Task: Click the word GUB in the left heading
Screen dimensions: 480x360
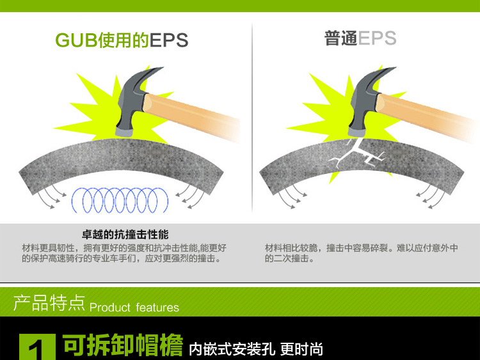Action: (75, 40)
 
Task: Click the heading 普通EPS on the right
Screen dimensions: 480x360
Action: (360, 38)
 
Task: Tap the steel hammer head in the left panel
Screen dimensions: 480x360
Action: (131, 106)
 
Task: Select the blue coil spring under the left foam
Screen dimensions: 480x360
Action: (121, 199)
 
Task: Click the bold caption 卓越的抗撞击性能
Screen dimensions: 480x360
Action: (125, 234)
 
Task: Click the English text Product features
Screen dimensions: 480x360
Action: (134, 308)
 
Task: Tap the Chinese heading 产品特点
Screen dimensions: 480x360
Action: (49, 303)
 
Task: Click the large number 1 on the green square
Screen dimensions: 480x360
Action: (38, 349)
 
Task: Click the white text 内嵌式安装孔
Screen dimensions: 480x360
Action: (232, 349)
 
